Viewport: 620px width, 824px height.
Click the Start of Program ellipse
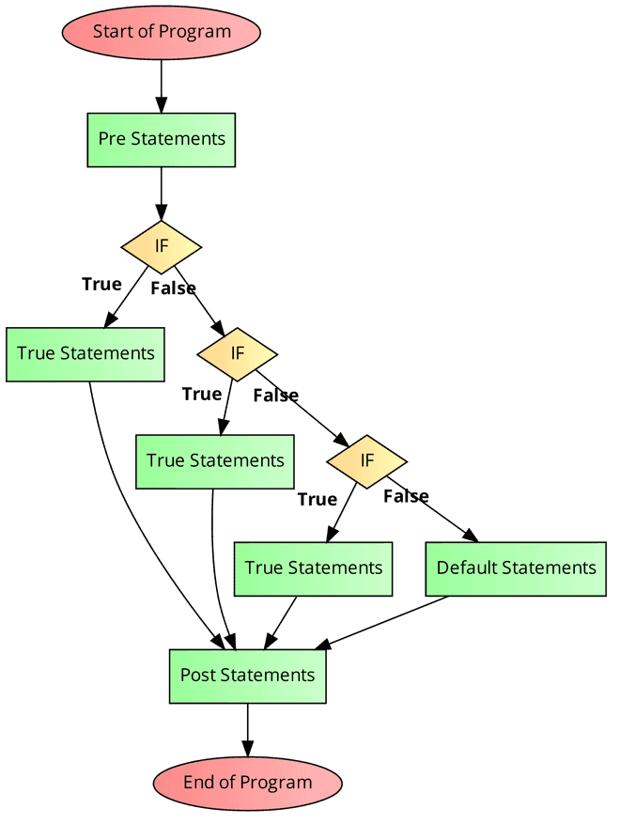click(161, 32)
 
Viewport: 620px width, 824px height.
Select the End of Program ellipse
click(247, 783)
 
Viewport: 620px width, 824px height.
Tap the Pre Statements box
click(162, 140)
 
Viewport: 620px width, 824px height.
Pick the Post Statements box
click(247, 676)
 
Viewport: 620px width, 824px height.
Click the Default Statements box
click(516, 568)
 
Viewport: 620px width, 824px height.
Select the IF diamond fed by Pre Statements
click(162, 246)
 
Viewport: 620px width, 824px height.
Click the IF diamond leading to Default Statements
click(366, 460)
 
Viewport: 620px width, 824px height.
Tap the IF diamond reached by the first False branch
click(237, 353)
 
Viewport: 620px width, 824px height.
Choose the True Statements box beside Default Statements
click(313, 568)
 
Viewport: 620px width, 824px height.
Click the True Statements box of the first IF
click(85, 354)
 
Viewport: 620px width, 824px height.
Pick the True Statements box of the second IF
click(215, 461)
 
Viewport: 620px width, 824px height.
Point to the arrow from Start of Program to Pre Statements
click(162, 86)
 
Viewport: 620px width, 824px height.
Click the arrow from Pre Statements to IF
click(162, 194)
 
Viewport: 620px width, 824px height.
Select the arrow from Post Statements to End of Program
click(247, 729)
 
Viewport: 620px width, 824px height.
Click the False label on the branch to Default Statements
click(406, 496)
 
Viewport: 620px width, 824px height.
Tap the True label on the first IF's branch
click(101, 284)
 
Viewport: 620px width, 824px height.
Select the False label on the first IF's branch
click(174, 288)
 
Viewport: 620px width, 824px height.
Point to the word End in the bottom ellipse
click(198, 783)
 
